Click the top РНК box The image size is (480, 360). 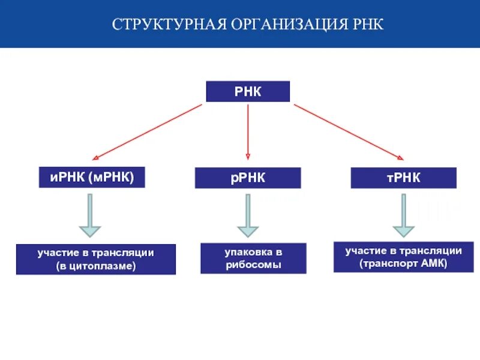pyautogui.click(x=248, y=92)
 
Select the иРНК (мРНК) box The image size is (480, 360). pyautogui.click(x=92, y=177)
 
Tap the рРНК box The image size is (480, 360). pyautogui.click(x=248, y=178)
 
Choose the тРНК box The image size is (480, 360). pyautogui.click(x=403, y=178)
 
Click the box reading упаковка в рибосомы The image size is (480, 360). pyautogui.click(x=253, y=258)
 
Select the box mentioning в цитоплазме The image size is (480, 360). pyautogui.click(x=96, y=259)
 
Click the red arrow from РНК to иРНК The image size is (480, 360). pyautogui.click(x=147, y=131)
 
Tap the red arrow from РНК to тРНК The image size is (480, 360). pyautogui.click(x=349, y=131)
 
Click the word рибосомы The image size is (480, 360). pyautogui.click(x=253, y=265)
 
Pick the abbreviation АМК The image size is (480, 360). pyautogui.click(x=434, y=263)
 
